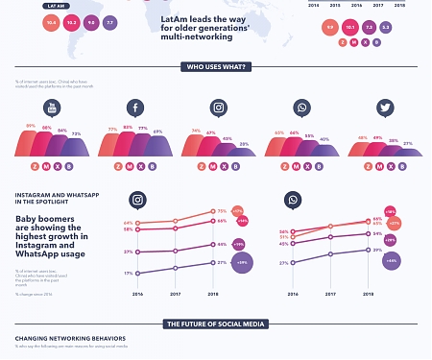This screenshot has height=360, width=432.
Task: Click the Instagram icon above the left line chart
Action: pos(138,200)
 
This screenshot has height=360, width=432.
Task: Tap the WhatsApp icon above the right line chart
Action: pos(293,200)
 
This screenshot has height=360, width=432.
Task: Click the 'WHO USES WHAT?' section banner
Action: pos(216,67)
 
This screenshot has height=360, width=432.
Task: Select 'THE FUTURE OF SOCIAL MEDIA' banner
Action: pos(216,324)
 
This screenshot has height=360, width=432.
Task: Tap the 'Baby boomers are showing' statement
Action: pos(52,235)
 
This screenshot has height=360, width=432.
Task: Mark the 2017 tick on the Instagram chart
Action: pos(176,294)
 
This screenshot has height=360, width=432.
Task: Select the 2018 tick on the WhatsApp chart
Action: pos(368,294)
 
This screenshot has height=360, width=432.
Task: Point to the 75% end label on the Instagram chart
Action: pos(222,211)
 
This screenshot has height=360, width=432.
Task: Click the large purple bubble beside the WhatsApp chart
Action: pos(392,260)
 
